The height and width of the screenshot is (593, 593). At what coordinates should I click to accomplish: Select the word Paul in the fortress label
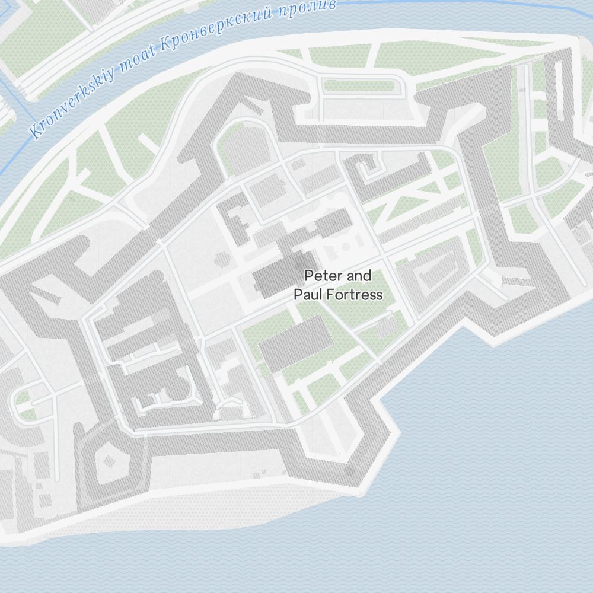308,295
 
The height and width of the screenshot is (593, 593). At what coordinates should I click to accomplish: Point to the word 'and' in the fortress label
359,276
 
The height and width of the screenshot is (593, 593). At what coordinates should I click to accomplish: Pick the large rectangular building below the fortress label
296,343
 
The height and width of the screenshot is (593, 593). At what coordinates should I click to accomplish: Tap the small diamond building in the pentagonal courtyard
109,461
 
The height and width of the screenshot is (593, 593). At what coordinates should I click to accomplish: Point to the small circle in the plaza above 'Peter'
345,246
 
